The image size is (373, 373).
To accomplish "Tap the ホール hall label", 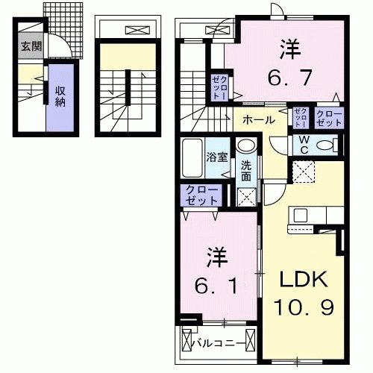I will [255, 119].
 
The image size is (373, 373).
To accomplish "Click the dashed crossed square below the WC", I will [303, 172].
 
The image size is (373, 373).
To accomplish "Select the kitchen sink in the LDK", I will [302, 215].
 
